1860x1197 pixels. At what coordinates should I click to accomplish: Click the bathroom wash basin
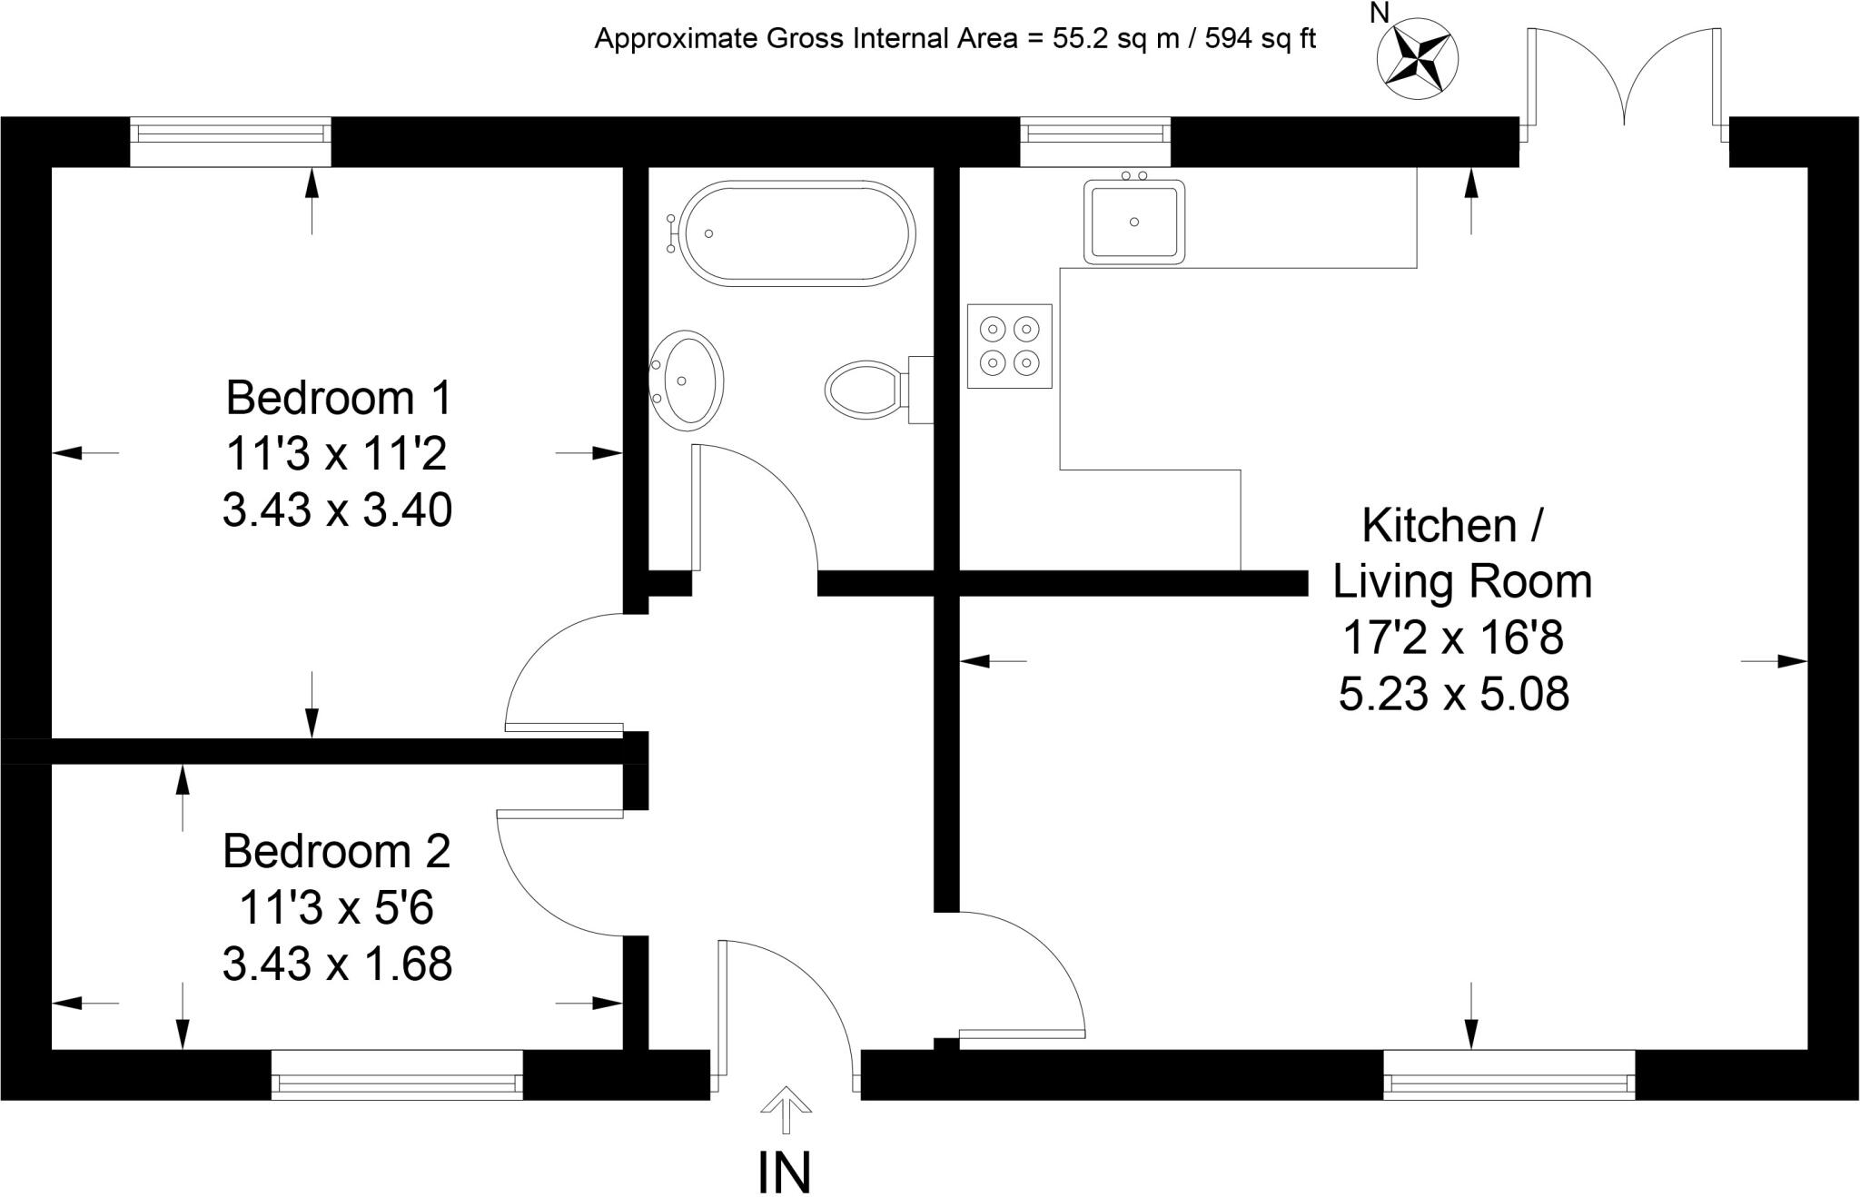[x=688, y=380]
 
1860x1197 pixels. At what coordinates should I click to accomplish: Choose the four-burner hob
[x=1010, y=346]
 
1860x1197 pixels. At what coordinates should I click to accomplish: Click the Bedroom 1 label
[x=338, y=398]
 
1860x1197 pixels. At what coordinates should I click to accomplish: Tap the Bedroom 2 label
[x=337, y=851]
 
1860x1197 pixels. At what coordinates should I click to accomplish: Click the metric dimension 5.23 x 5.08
[x=1454, y=695]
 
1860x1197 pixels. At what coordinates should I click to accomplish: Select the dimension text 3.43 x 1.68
[x=337, y=964]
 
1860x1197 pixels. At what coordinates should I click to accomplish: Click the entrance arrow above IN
[x=786, y=1109]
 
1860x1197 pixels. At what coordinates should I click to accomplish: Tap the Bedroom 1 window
[x=231, y=142]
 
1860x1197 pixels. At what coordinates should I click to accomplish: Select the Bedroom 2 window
[x=397, y=1074]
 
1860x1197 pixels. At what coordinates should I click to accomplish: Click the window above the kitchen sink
[x=1095, y=142]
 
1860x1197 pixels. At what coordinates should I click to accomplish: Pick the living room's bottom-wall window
[x=1509, y=1074]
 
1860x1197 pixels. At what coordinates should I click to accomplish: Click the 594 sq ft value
[x=1261, y=39]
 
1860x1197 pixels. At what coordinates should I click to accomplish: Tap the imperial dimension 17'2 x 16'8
[x=1453, y=638]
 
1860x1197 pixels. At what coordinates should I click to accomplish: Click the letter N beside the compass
[x=1380, y=13]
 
